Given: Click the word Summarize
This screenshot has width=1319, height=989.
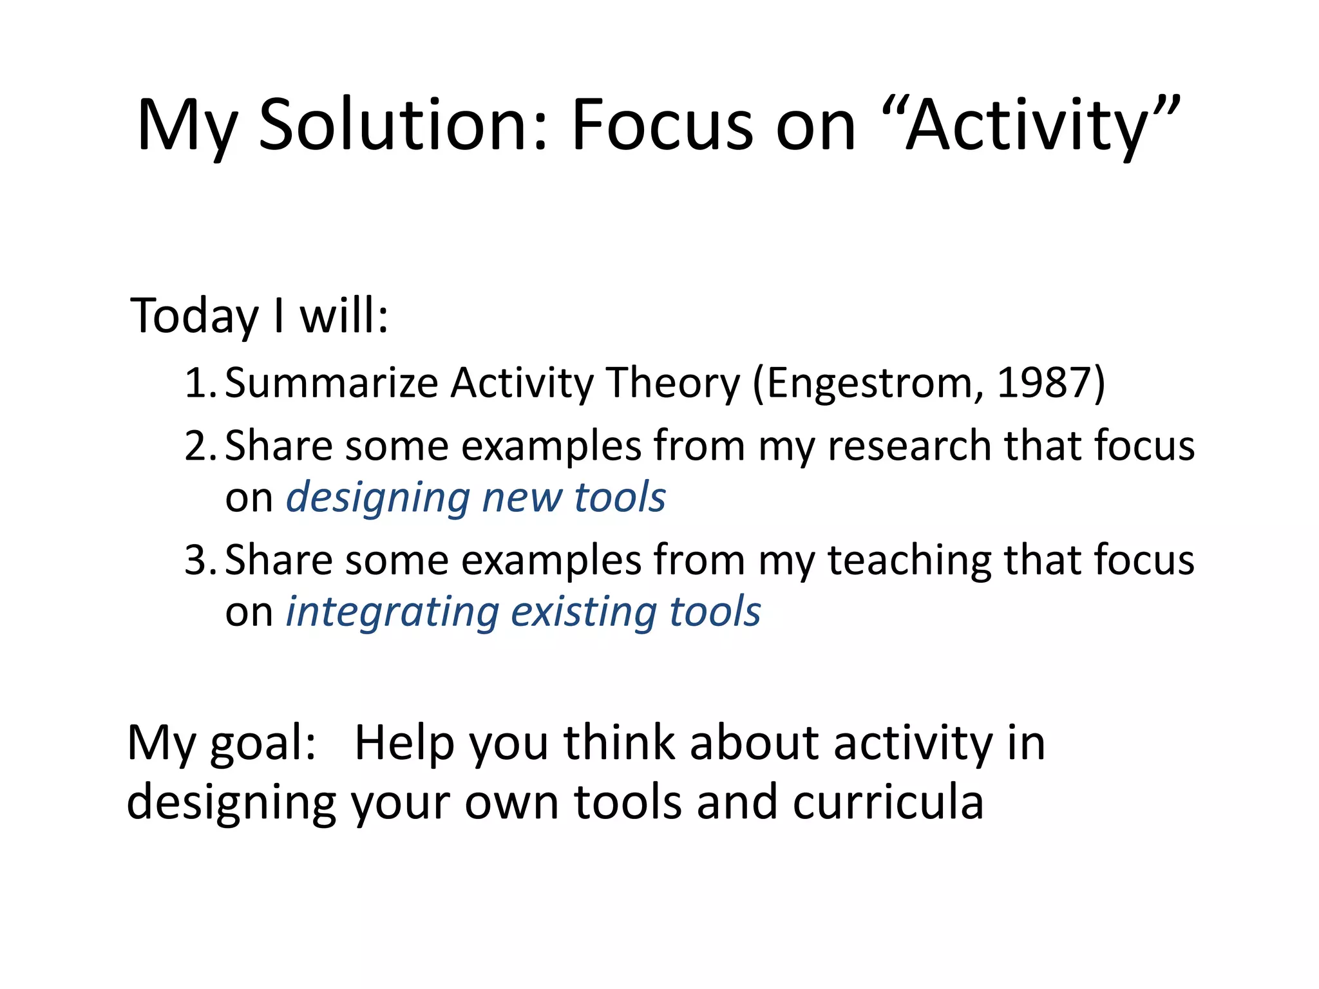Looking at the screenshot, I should click(331, 383).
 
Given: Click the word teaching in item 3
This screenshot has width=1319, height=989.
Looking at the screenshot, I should click(909, 560).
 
